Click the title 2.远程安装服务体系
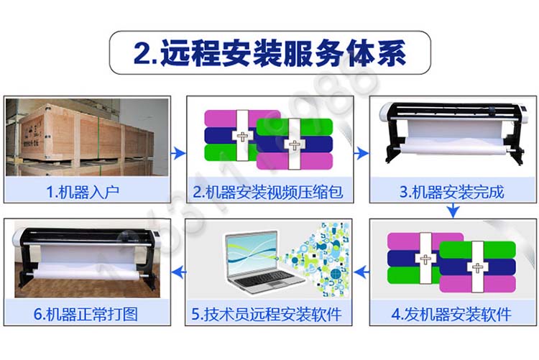[269, 52]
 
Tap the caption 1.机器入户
[83, 192]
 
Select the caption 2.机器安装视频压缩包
[268, 192]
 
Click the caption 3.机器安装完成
[452, 192]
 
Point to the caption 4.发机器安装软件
[451, 314]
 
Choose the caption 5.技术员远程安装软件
[267, 314]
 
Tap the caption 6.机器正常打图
[86, 314]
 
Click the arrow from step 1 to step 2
[178, 153]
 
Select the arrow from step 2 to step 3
[361, 153]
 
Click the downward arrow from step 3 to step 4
[453, 211]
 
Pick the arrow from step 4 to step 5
[361, 272]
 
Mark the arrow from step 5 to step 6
[178, 272]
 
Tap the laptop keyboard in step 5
[264, 279]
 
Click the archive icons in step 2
[269, 139]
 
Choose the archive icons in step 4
[452, 262]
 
